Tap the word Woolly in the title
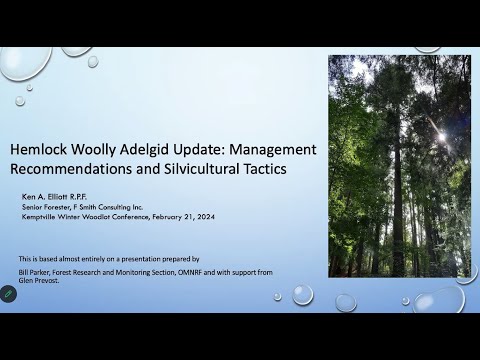pyautogui.click(x=96, y=149)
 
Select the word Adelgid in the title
pyautogui.click(x=150, y=149)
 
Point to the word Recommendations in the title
pyautogui.click(x=71, y=169)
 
